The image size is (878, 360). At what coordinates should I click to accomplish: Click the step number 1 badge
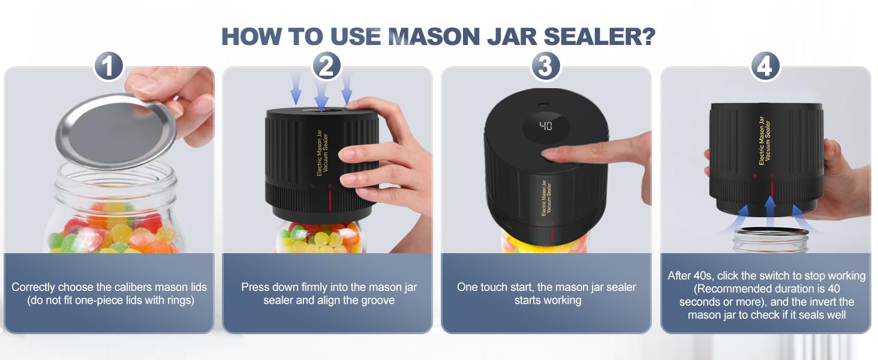tap(109, 66)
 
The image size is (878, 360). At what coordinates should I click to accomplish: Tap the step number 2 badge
tap(327, 66)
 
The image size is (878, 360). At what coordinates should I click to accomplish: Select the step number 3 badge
tap(546, 66)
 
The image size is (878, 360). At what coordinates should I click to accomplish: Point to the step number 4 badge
tap(765, 66)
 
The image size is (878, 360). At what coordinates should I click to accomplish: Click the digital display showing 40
tap(546, 126)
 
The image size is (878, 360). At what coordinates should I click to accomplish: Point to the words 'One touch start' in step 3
tap(491, 287)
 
